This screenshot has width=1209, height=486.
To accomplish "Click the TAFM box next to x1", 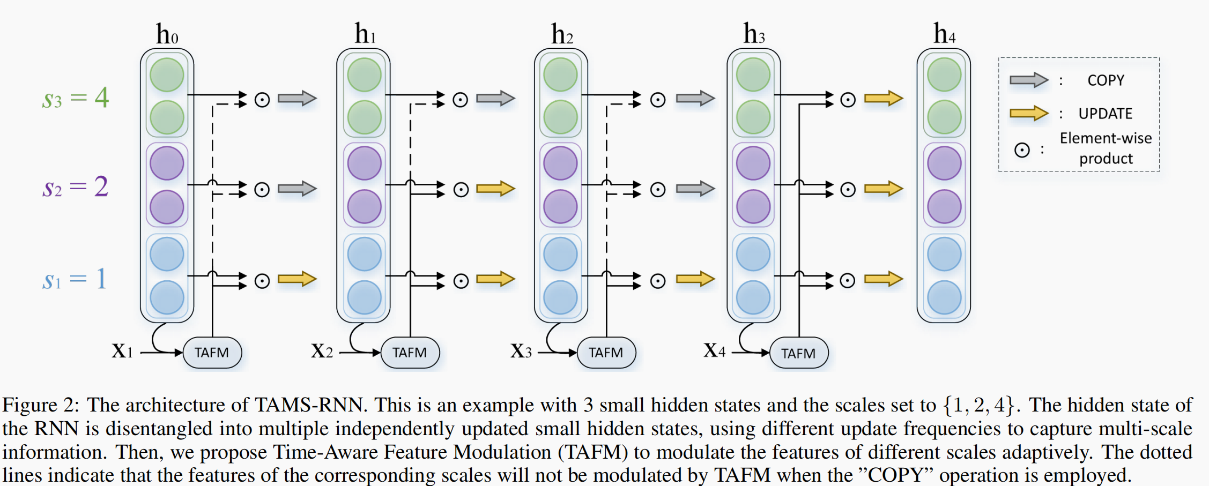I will point(212,353).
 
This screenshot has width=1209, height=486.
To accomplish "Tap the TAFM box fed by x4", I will point(798,353).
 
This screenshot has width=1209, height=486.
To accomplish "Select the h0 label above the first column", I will point(167,35).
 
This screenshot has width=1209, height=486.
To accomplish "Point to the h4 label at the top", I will point(944,34).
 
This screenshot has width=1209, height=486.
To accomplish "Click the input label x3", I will point(521,351).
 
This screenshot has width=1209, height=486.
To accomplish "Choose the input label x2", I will point(322,351).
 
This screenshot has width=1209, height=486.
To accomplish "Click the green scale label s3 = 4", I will point(76,98).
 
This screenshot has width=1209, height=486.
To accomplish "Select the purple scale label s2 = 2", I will point(76,188).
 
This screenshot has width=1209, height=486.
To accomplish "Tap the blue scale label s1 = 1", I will point(75,279).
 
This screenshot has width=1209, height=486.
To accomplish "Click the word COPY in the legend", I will point(1106,80).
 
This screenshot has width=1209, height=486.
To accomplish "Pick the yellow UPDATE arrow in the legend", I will point(1028,113).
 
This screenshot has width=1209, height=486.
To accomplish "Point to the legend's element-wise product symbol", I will point(1022,150).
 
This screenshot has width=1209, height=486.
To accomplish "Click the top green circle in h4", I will point(944,75).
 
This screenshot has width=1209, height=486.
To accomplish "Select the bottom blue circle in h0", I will point(167,297).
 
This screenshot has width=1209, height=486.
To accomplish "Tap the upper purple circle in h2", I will point(560,163).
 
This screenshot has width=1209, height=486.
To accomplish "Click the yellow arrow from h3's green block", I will point(884,99).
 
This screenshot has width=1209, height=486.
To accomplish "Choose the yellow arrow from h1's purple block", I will point(495,189).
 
